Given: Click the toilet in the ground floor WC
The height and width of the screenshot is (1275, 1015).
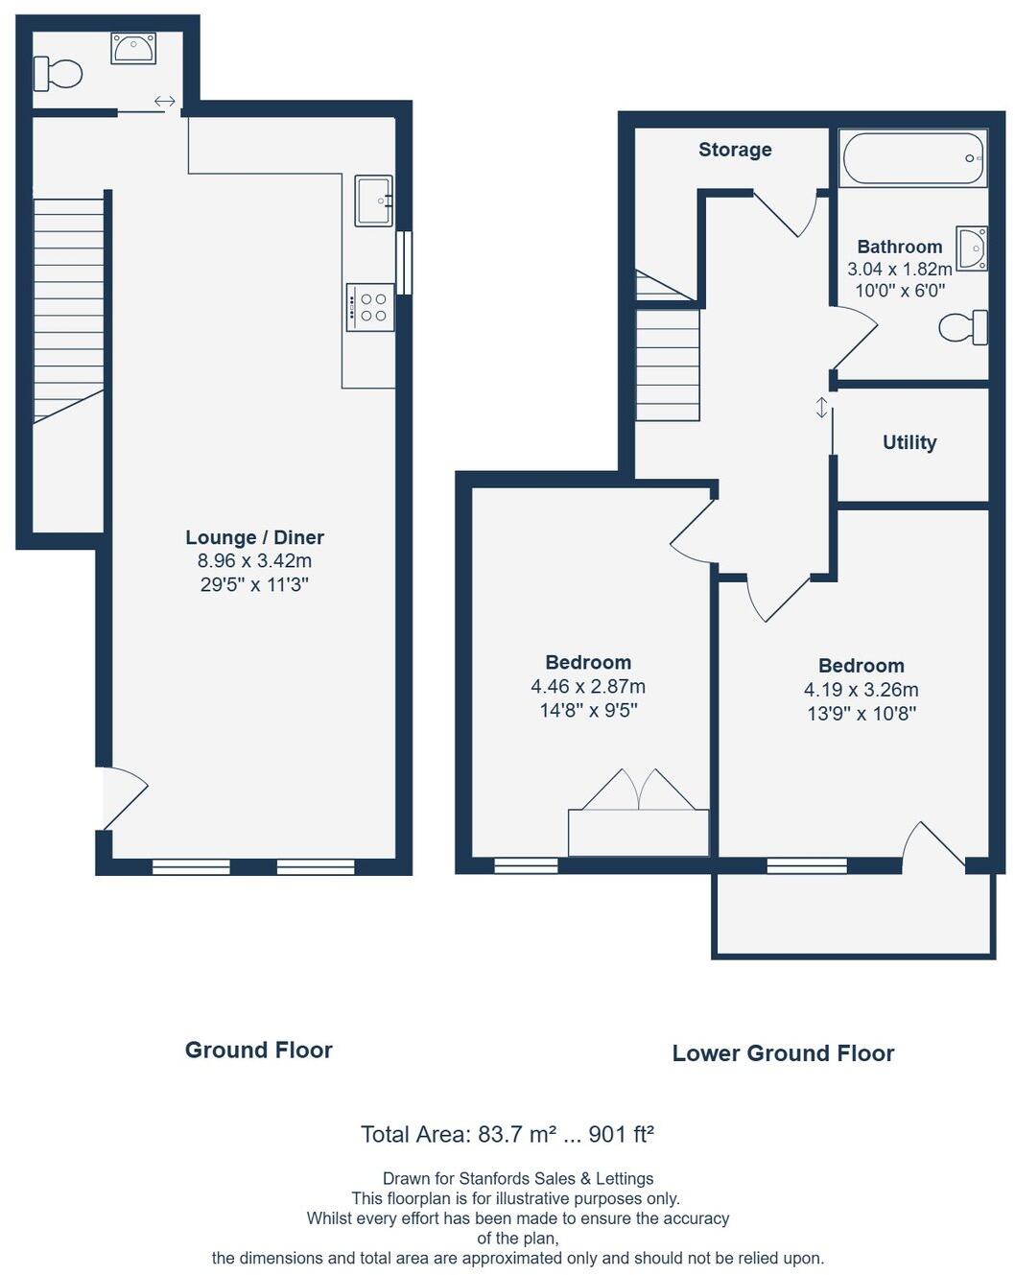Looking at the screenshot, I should pos(59,73).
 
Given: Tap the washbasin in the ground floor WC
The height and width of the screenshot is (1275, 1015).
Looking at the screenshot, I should pos(132,48).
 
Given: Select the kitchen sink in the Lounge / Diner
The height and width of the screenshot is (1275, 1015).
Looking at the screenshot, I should pos(373,201).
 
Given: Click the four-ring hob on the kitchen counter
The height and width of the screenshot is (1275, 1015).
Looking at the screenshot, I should pos(370,308).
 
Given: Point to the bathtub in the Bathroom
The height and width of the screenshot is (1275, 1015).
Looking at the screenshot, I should pos(912,158).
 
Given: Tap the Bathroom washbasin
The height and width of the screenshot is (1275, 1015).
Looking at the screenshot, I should pos(972,248).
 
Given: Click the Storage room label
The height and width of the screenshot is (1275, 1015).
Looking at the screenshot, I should pos(735,150).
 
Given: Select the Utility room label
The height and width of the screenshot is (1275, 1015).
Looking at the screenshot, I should pos(909,442).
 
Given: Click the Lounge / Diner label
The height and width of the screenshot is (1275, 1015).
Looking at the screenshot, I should pos(254,537).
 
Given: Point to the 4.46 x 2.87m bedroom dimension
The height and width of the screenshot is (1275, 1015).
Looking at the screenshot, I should pos(587,687).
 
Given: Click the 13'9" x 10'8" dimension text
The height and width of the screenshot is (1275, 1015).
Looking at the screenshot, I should pos(861,714).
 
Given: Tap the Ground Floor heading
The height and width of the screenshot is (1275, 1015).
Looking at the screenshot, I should pos(258,1050).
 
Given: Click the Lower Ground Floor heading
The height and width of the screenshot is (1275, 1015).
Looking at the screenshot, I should pos(783,1053).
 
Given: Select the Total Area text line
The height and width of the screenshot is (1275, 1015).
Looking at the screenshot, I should pos(507,1135).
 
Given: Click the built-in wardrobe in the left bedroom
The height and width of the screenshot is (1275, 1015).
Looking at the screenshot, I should pos(638,832).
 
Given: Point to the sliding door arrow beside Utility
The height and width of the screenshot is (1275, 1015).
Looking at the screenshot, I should pos(821,408).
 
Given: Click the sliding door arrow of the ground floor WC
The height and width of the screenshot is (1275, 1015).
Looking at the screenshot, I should pos(164,102).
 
